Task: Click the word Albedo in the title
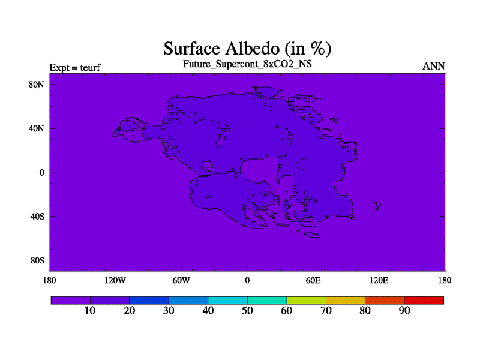click(x=252, y=49)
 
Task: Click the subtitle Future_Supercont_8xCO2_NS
click(x=247, y=64)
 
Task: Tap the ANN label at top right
click(x=433, y=66)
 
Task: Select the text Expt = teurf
click(x=75, y=68)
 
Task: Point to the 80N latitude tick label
click(x=37, y=85)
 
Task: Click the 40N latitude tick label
click(x=37, y=128)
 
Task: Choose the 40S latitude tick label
click(x=37, y=217)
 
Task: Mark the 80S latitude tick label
click(x=37, y=260)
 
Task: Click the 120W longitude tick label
click(x=115, y=280)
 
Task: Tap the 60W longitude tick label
click(x=181, y=280)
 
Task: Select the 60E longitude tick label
click(x=313, y=280)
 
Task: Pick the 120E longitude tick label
click(x=379, y=280)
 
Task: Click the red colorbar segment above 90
click(x=424, y=301)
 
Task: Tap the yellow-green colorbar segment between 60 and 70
click(x=306, y=301)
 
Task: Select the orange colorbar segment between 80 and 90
click(x=385, y=301)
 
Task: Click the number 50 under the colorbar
click(x=247, y=311)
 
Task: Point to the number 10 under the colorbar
click(x=90, y=311)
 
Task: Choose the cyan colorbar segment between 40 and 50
click(x=228, y=301)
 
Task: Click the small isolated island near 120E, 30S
click(x=378, y=206)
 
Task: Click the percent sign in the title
click(x=317, y=49)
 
